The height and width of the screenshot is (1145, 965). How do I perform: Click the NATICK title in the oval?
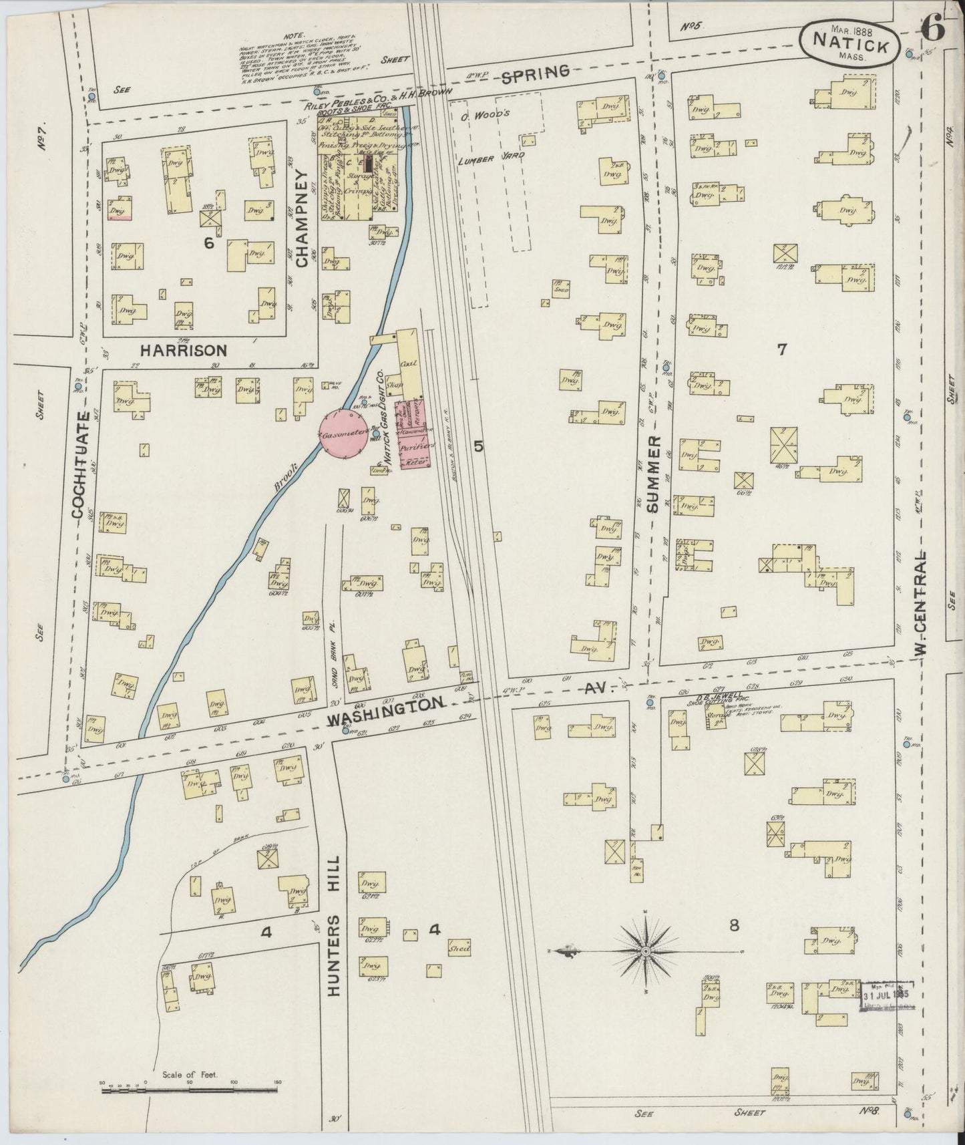point(850,47)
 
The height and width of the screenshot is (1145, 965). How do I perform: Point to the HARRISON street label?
point(184,349)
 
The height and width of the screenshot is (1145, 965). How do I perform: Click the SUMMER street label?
point(652,474)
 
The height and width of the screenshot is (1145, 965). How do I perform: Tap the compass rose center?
point(646,950)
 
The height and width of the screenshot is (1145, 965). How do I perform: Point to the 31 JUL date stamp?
point(887,995)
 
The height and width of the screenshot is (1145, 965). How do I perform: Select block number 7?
point(783,348)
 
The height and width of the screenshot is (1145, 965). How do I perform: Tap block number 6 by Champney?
point(209,244)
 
